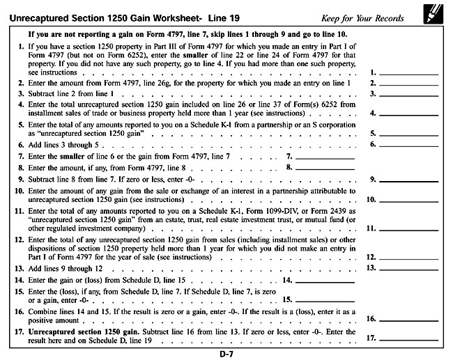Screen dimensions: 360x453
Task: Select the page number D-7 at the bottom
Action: (x=226, y=353)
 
